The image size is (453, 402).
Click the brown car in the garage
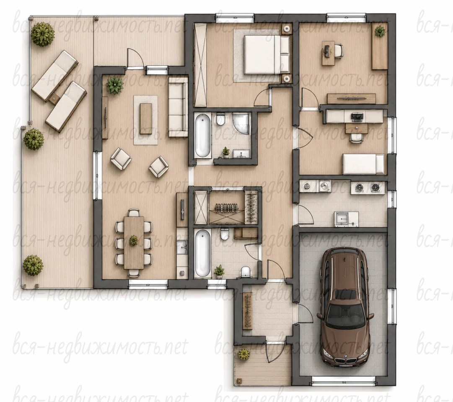coord(345,307)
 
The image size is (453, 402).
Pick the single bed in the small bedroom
coord(364,164)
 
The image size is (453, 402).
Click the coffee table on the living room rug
coord(146,119)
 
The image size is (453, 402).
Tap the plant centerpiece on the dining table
coord(134,240)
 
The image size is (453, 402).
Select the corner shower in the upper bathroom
coord(241,124)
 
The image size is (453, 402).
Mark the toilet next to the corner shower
coord(220,119)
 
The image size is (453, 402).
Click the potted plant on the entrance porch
coord(244,354)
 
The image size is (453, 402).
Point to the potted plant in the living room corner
coord(115,85)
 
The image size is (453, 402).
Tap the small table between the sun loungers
coord(54,99)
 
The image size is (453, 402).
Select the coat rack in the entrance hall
coord(248,310)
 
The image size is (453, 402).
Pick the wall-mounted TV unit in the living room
coord(105,118)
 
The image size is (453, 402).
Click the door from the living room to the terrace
coord(135,59)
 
